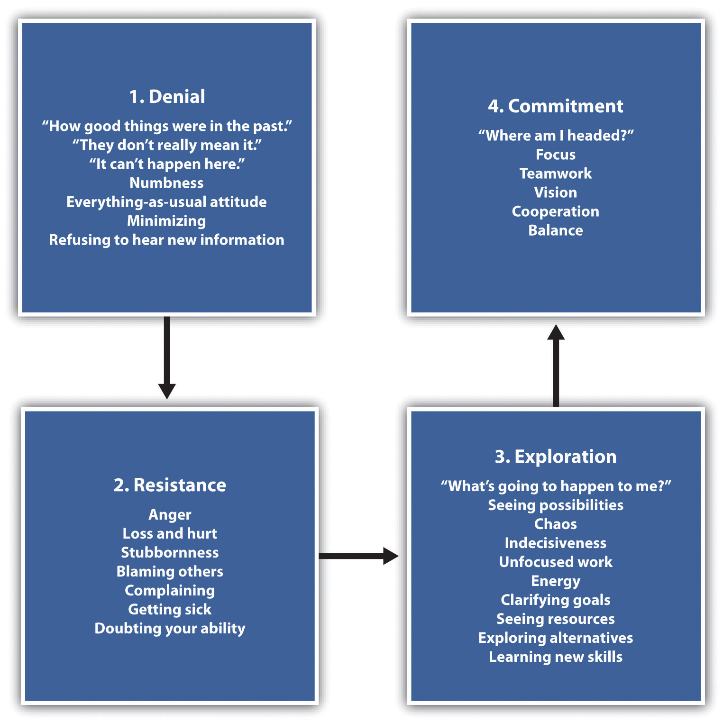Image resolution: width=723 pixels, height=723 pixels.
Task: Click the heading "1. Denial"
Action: coord(167,97)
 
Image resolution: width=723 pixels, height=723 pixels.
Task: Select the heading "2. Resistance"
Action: coord(170,485)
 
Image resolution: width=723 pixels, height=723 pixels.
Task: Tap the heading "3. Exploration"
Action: coord(556,457)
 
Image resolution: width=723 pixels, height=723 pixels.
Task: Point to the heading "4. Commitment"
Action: coord(556,106)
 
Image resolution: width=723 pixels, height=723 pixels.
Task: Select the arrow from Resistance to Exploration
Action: coord(358,556)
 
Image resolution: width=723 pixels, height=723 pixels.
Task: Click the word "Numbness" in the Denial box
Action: coord(167,183)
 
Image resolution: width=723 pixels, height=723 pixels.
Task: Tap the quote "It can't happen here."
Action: coord(167,164)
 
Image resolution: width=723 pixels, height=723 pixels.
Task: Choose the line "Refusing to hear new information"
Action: coord(167,240)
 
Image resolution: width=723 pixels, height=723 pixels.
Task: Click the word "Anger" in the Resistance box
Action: coord(170,514)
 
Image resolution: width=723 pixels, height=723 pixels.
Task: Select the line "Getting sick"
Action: coord(170,609)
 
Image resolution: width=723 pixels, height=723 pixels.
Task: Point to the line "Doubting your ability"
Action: coord(170,628)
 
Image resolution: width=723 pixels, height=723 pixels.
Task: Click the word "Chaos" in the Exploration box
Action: coord(556,524)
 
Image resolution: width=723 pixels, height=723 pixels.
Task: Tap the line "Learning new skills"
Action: coord(556,657)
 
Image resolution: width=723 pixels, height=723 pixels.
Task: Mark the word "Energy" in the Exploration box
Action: coord(556,581)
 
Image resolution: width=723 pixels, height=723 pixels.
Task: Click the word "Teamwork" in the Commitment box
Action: coord(556,174)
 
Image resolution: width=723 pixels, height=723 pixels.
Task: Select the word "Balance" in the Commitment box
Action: coord(556,230)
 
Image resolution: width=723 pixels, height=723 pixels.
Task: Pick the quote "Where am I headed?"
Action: coord(556,136)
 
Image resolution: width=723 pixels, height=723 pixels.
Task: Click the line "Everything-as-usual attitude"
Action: coord(167,202)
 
